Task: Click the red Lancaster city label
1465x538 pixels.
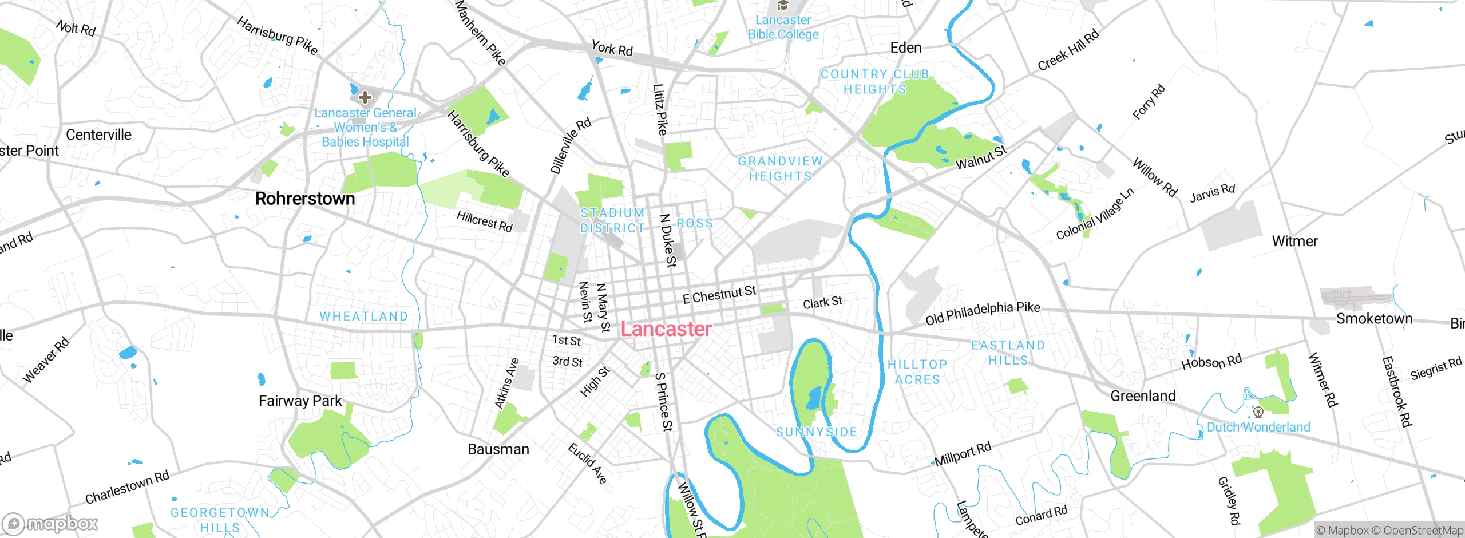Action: (x=666, y=329)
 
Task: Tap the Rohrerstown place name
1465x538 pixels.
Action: (x=305, y=199)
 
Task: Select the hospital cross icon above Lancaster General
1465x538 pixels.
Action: (x=365, y=97)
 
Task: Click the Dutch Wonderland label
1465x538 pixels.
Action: (x=1258, y=427)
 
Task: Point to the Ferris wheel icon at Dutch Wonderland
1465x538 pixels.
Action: (x=1258, y=412)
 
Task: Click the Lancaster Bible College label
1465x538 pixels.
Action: (x=783, y=27)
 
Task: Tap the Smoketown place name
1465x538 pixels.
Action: (x=1374, y=319)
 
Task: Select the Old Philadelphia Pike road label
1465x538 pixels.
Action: (x=983, y=312)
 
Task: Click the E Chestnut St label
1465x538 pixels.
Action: (x=719, y=295)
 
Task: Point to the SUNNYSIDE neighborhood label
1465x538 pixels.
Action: (x=817, y=432)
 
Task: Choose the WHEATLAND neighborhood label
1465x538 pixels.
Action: (x=363, y=317)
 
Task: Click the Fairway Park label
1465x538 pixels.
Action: (x=300, y=401)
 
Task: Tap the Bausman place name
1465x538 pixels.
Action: (x=498, y=449)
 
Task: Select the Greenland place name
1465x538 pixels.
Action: (x=1143, y=396)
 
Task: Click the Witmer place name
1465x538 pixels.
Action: (x=1294, y=241)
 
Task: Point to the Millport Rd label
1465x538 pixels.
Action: (x=963, y=454)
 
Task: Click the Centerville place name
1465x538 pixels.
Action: (x=98, y=135)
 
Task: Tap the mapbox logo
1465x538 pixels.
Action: (x=50, y=524)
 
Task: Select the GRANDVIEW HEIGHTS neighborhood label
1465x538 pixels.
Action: (x=780, y=169)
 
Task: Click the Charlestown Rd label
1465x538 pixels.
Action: (x=127, y=487)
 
